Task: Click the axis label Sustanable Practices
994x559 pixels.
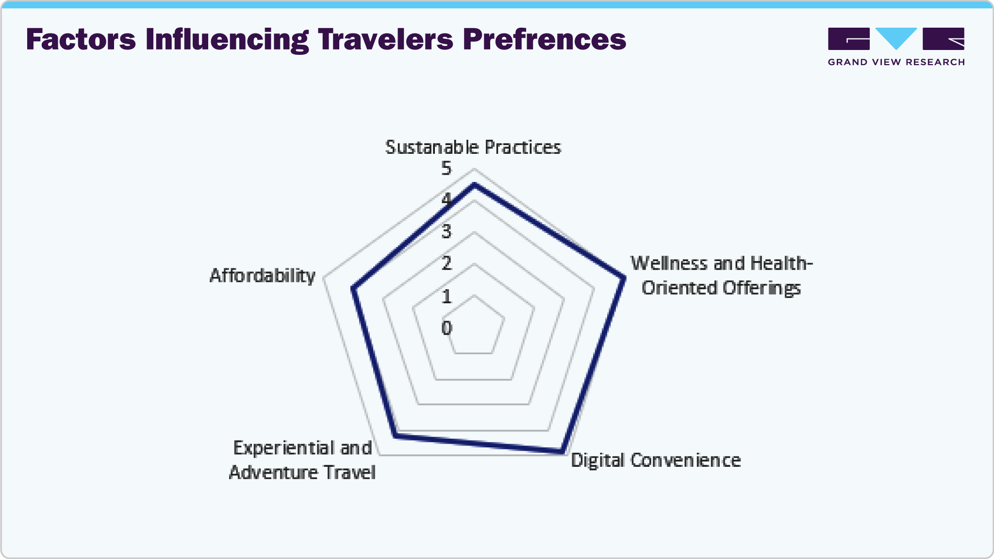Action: click(x=473, y=147)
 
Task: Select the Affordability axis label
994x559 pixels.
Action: click(x=263, y=276)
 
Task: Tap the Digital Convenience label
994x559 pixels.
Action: click(x=656, y=460)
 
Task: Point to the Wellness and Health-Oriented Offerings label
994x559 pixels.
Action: click(x=721, y=276)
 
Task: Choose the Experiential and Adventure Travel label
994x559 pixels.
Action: click(x=302, y=460)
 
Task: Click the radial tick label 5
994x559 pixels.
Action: click(x=447, y=168)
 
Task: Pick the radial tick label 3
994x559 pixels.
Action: click(x=447, y=231)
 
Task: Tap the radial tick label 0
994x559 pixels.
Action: click(x=447, y=328)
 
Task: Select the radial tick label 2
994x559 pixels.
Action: click(x=447, y=263)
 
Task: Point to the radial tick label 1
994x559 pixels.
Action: click(x=447, y=296)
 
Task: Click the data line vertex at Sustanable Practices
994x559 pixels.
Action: click(x=474, y=185)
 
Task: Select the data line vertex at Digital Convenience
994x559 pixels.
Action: click(x=562, y=452)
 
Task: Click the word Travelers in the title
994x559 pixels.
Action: click(x=386, y=39)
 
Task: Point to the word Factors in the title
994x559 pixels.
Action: click(x=81, y=39)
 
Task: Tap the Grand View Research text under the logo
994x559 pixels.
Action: click(x=896, y=62)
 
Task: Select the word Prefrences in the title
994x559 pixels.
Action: click(x=545, y=39)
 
